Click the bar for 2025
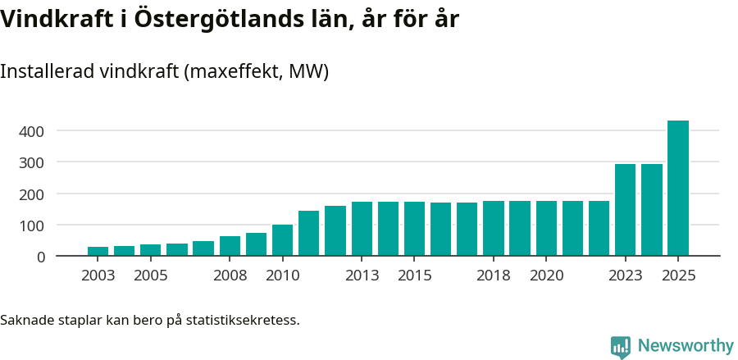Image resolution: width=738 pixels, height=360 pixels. [678, 189]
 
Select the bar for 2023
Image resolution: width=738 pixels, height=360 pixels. [626, 210]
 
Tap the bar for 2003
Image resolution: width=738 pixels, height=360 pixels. [98, 251]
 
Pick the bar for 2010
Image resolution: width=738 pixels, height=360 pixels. [282, 240]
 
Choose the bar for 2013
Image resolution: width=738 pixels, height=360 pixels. [362, 229]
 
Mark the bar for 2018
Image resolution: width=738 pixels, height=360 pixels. [494, 228]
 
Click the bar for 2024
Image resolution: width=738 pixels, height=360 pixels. [652, 210]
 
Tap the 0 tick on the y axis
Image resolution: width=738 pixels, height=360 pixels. [40, 257]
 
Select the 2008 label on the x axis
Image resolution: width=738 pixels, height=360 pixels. [230, 276]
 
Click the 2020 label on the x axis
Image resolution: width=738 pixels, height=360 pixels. [546, 276]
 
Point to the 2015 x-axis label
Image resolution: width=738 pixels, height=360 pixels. [414, 276]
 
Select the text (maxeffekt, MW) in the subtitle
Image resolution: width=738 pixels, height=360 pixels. [257, 71]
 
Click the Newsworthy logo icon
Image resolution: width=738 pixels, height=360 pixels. [621, 346]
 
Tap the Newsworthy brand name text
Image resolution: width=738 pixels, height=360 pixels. [685, 346]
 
